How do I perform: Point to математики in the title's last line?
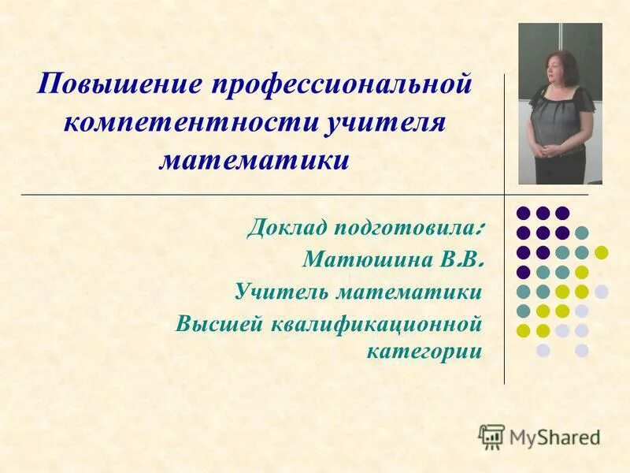point(254,161)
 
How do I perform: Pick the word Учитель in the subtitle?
point(281,292)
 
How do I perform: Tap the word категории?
point(424,350)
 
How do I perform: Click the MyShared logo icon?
point(491,436)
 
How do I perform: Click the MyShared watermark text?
point(554,437)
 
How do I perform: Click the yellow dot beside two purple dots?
point(602,252)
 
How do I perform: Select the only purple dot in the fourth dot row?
point(523,272)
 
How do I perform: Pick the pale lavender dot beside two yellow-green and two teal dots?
point(602,292)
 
